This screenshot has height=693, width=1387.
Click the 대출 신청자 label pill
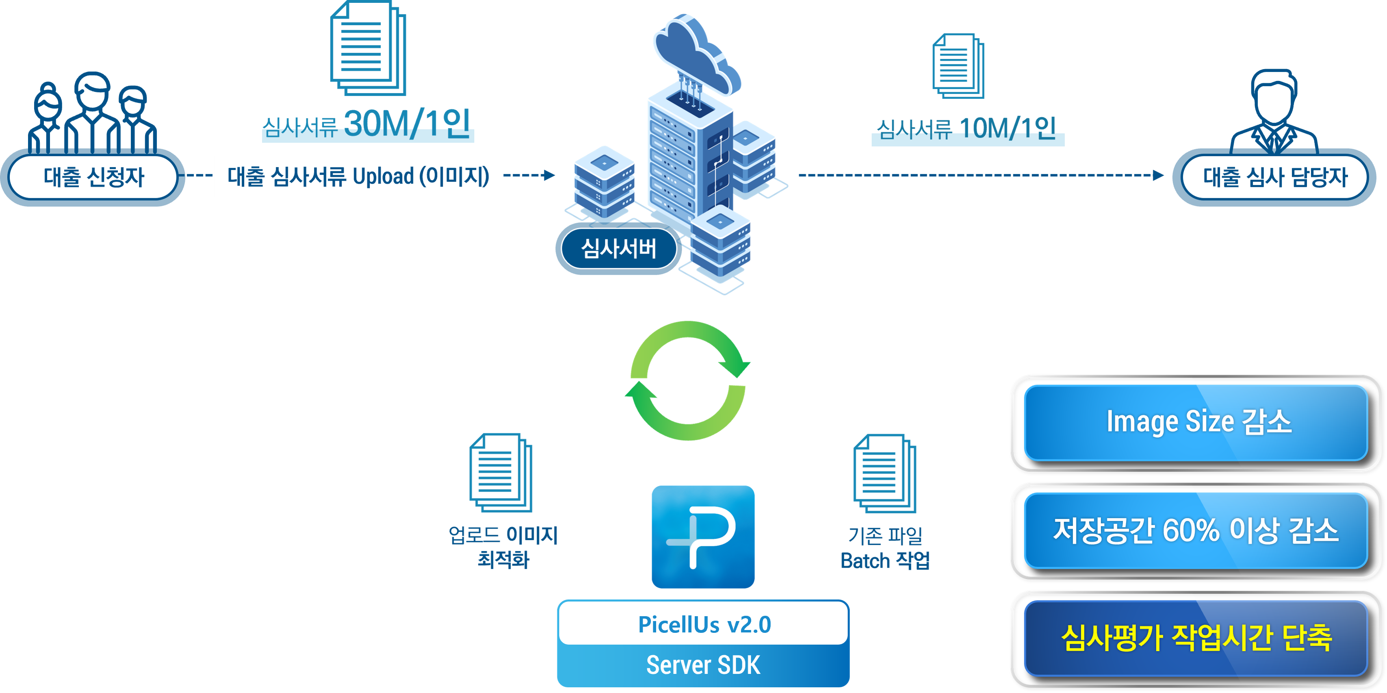coord(93,177)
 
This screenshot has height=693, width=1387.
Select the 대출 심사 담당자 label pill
coord(1274,177)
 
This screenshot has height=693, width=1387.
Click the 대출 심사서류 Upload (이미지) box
coord(358,177)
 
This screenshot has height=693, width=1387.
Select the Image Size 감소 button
coord(1196,422)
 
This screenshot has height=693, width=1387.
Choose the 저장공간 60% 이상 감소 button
coord(1196,530)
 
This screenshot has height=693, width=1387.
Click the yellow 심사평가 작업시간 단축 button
coord(1196,638)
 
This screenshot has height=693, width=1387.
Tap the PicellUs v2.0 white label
coord(703,624)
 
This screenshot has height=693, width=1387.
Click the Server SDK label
coord(703,665)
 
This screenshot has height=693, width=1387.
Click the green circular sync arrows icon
coord(688,381)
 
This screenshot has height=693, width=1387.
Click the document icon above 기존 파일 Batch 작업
coord(884,474)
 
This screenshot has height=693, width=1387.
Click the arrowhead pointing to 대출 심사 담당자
coord(1158,175)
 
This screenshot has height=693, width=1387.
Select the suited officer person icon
coord(1274,111)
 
